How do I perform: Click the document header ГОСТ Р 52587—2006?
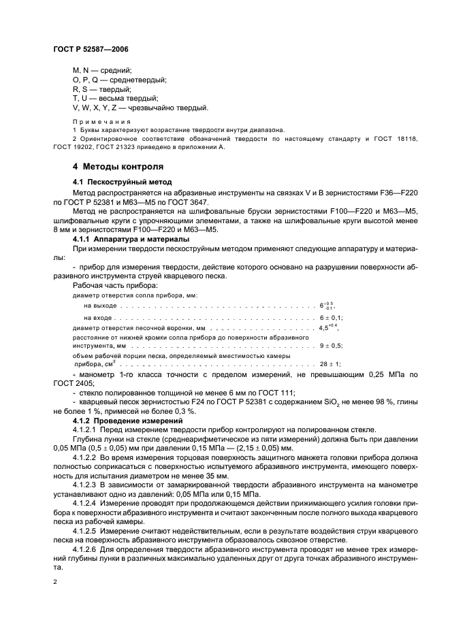point(91,50)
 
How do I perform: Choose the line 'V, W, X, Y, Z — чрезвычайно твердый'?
point(140,108)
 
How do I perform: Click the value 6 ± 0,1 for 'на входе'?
point(331,318)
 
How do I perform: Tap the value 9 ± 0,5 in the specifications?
point(331,346)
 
